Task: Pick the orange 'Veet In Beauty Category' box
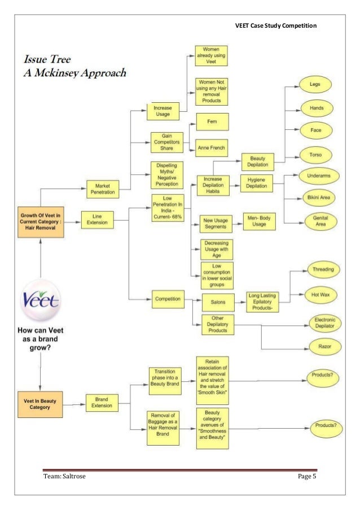click(39, 404)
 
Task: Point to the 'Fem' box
click(212, 121)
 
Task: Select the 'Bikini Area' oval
click(319, 198)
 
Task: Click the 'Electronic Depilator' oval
click(324, 323)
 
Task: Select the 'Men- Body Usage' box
click(260, 221)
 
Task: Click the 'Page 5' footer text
click(308, 477)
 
